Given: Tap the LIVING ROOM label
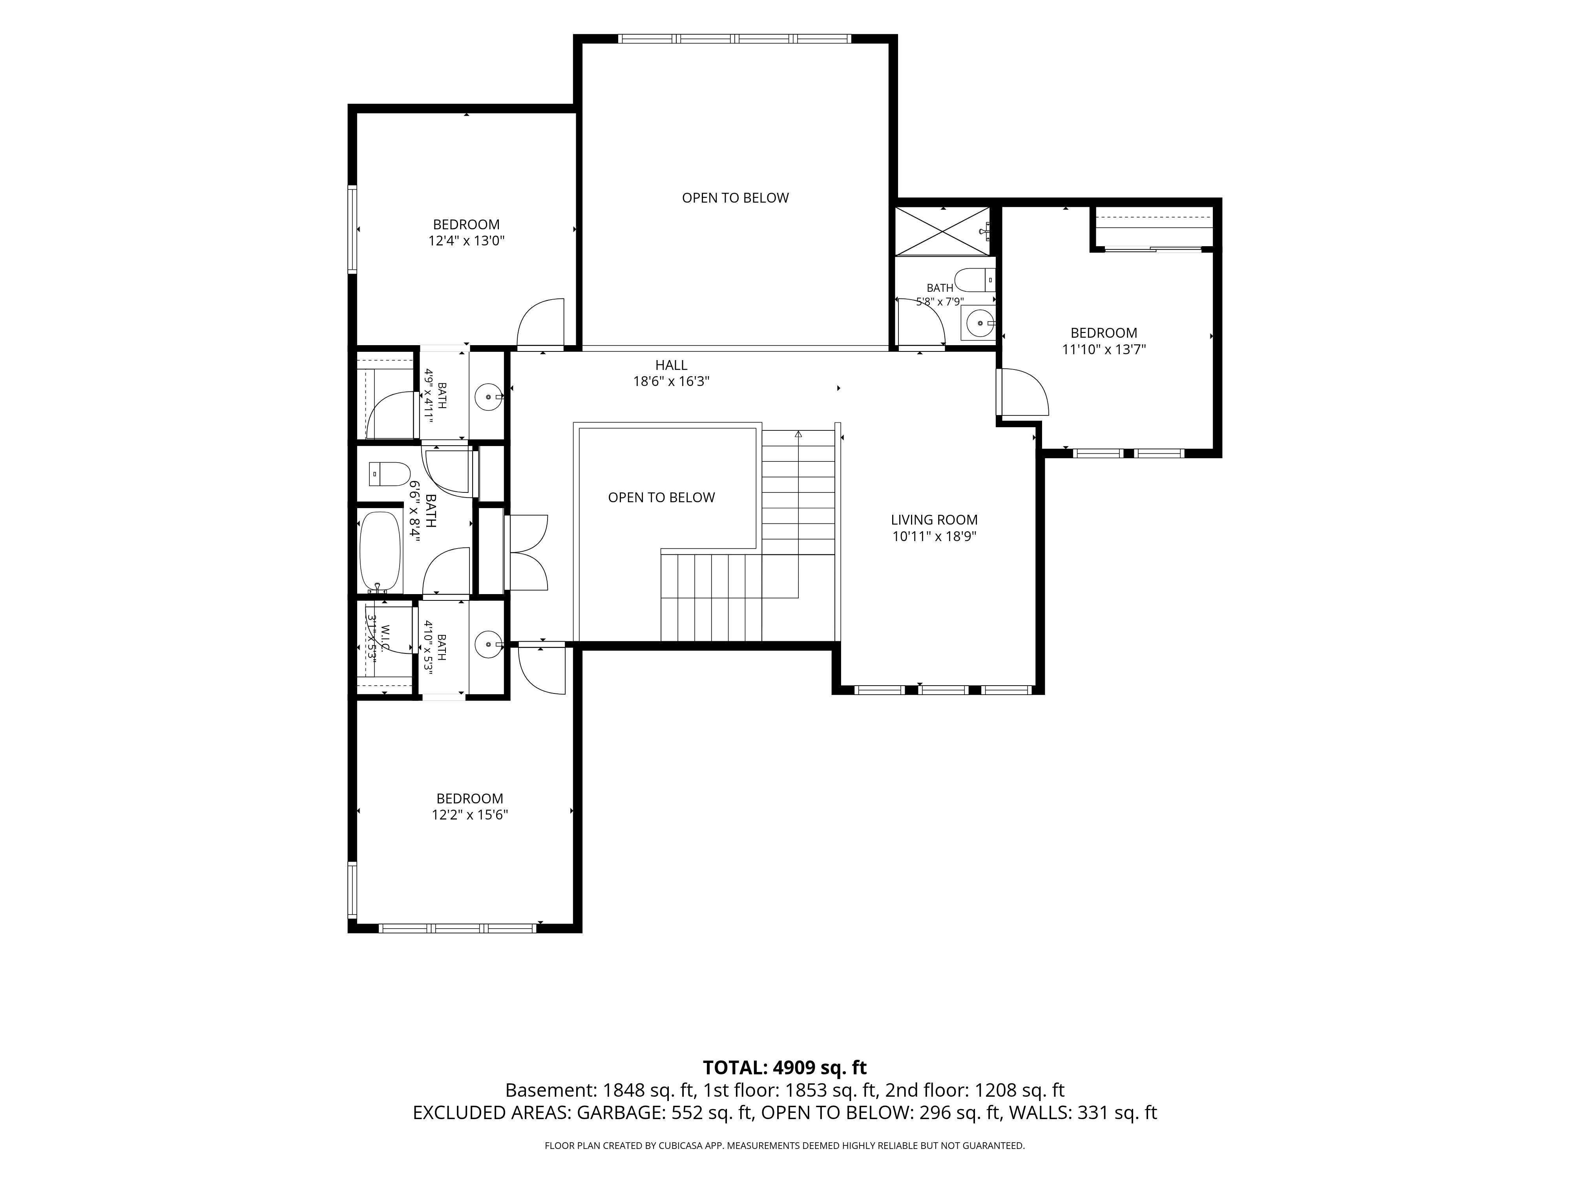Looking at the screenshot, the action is point(934,520).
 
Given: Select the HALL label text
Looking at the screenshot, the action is point(671,365).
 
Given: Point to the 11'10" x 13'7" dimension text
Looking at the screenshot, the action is point(1104,349).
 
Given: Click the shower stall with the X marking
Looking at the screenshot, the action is point(942,231).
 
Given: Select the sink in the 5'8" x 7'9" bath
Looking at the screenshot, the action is point(979,323).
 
